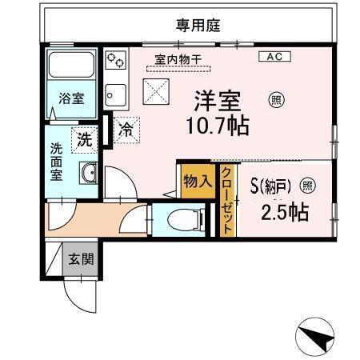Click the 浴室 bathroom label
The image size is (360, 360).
pos(70,98)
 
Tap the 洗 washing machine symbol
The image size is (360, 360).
pos(84,138)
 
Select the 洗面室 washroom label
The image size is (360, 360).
pos(57,162)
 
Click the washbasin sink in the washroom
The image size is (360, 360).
pos(88,172)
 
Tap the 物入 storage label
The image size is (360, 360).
pos(197,181)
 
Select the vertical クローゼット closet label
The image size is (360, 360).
pos(227,200)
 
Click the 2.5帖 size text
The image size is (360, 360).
pos(286,213)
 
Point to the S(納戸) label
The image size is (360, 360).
pos(270,187)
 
